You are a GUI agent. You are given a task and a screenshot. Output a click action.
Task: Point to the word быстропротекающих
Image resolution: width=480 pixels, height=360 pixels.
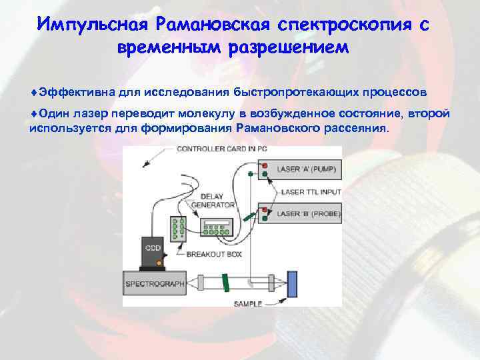click(x=285, y=90)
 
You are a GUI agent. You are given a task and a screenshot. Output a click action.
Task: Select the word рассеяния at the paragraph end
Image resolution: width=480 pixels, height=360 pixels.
click(x=357, y=127)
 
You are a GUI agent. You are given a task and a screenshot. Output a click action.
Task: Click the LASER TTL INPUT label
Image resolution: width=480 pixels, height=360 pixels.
click(x=311, y=192)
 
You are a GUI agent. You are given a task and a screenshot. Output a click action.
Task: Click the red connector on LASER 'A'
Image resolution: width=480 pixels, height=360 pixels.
click(x=264, y=165)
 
